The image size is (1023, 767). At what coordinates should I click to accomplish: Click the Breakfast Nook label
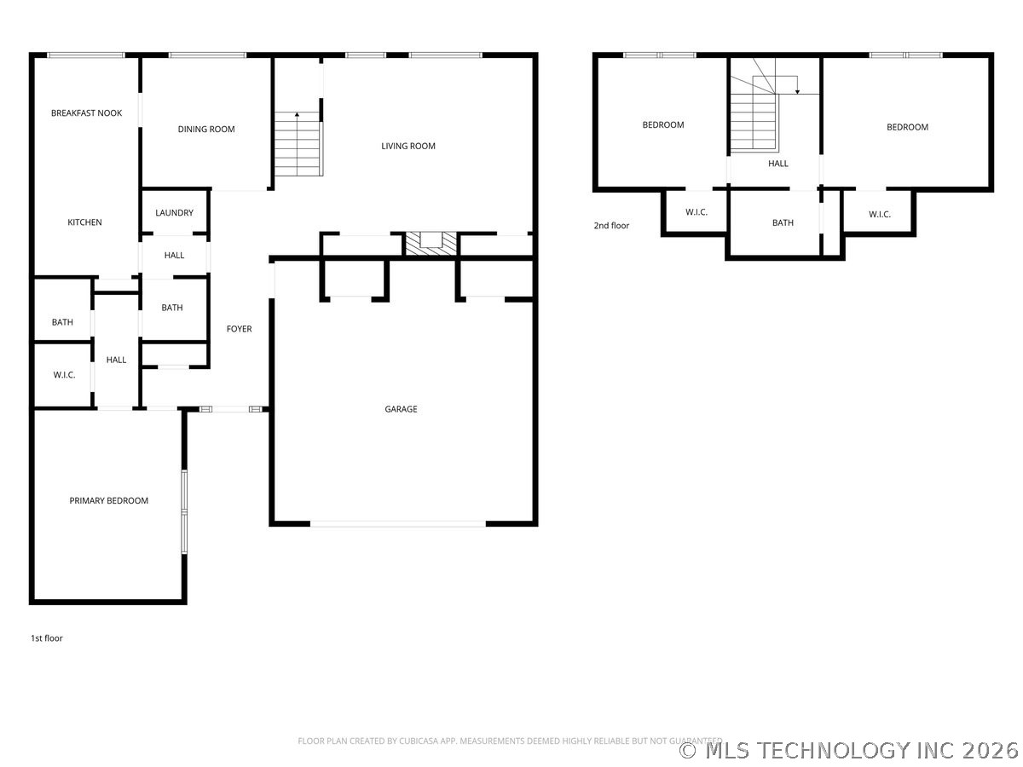[x=86, y=112]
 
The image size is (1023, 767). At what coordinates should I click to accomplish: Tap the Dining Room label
[x=206, y=130]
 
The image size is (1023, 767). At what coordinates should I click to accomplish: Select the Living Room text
[x=408, y=146]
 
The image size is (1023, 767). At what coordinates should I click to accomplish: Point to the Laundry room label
[x=174, y=213]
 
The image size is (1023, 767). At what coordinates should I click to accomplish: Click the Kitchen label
[x=84, y=222]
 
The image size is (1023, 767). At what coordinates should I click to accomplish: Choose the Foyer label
[x=239, y=329]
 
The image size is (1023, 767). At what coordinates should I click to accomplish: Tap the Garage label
[x=401, y=409]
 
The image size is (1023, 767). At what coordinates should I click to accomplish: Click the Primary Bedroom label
[x=109, y=501]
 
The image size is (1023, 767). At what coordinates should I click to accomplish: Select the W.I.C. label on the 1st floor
[x=64, y=375]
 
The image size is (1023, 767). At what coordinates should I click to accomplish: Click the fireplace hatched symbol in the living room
[x=431, y=243]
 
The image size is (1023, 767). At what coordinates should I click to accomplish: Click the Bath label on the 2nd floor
[x=783, y=223]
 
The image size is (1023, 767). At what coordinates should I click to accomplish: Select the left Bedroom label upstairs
[x=662, y=125]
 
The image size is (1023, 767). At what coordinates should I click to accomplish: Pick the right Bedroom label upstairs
[x=907, y=127]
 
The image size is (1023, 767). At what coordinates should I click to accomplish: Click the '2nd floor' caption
[x=611, y=226]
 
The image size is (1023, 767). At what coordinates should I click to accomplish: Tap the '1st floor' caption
[x=47, y=638]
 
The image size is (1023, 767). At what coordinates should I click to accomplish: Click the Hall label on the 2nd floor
[x=778, y=164]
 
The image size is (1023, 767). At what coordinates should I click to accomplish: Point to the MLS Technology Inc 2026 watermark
[x=849, y=750]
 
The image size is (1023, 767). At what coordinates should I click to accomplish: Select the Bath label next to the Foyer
[x=172, y=309]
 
